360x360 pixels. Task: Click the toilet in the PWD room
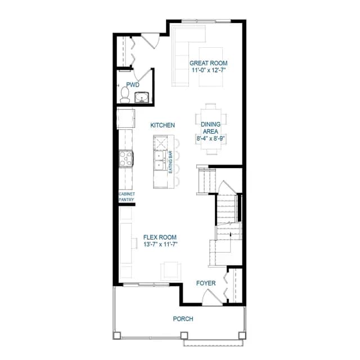(125, 95)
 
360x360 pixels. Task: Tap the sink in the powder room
(142, 97)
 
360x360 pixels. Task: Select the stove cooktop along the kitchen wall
(126, 158)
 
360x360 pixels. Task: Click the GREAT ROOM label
(209, 63)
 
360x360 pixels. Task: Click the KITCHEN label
(163, 125)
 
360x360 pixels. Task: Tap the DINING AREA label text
(211, 128)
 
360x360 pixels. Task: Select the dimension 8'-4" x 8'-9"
(210, 138)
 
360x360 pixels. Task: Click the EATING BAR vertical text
(170, 162)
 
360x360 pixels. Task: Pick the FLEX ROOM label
(160, 237)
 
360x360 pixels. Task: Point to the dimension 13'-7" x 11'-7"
(161, 244)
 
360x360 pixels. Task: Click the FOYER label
(206, 283)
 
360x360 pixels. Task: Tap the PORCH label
(183, 319)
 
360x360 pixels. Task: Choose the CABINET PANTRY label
(127, 197)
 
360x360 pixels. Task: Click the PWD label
(133, 85)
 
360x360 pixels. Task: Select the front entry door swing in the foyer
(212, 297)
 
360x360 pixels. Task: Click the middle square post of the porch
(184, 335)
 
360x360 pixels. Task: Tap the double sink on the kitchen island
(159, 160)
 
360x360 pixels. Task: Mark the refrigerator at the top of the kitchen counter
(126, 119)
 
